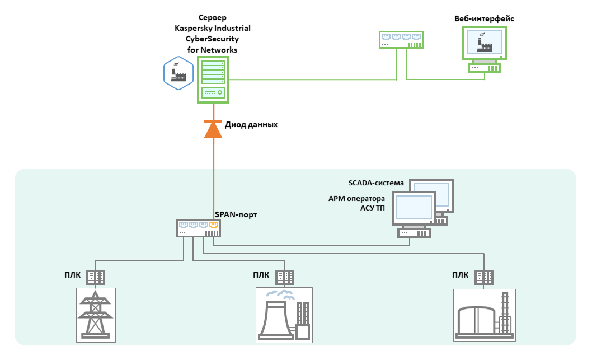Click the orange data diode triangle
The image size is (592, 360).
tap(213, 130)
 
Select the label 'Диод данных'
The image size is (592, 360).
tap(251, 125)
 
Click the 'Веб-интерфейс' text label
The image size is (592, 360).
tap(484, 18)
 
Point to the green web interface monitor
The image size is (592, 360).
tap(485, 43)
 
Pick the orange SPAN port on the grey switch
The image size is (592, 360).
tap(213, 225)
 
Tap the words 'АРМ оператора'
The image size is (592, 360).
tap(357, 199)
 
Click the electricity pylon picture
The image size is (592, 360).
tap(95, 314)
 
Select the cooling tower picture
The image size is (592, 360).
tap(284, 315)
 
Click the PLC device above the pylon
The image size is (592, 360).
tap(96, 276)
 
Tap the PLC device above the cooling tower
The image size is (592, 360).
tap(285, 276)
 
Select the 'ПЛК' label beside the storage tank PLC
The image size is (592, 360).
tap(460, 275)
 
